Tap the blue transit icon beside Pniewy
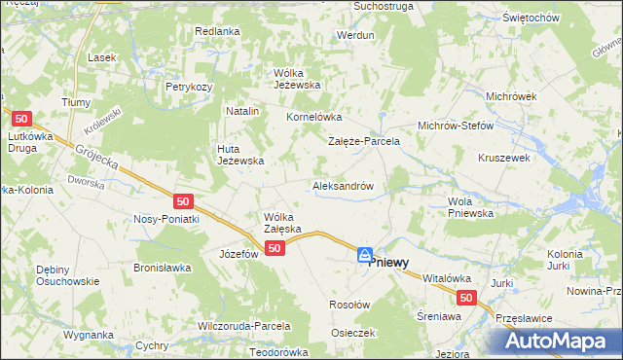pos(365,256)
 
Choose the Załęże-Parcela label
pos(364,141)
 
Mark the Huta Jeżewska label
pos(240,155)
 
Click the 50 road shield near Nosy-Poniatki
pos(184,201)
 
